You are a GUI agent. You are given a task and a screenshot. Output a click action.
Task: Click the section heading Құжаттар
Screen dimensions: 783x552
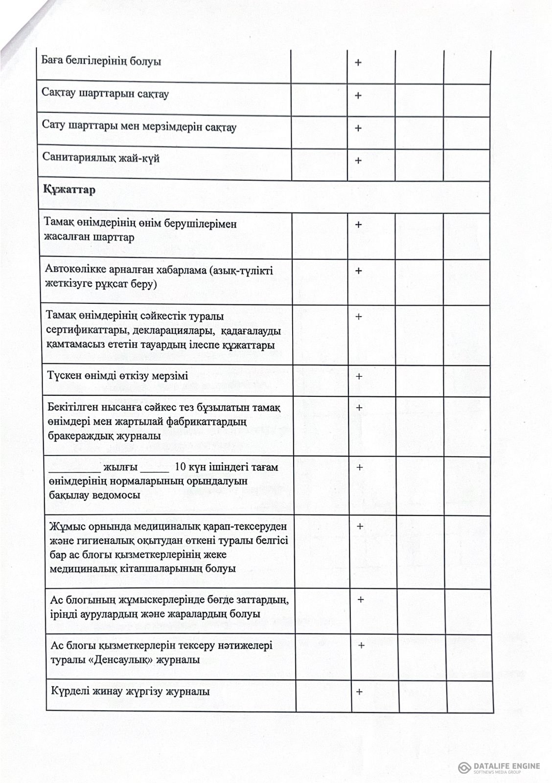tap(69, 190)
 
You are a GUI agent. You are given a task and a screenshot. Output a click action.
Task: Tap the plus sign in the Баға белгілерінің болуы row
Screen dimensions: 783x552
tap(358, 63)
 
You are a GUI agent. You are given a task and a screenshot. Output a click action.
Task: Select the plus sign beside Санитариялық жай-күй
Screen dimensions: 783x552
tap(358, 161)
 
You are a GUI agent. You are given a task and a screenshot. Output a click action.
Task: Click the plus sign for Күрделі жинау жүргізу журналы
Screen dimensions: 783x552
tap(359, 692)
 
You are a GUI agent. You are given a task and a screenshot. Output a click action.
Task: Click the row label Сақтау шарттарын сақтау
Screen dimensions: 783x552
tap(105, 93)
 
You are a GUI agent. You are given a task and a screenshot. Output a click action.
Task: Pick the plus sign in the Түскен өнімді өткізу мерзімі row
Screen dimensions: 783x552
tap(359, 376)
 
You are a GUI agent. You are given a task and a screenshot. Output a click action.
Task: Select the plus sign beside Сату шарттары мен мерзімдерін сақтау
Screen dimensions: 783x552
tap(358, 128)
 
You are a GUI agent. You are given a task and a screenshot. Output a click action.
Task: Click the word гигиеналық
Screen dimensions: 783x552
tap(107, 541)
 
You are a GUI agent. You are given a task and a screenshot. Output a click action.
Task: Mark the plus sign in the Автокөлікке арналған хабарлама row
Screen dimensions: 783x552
tap(358, 271)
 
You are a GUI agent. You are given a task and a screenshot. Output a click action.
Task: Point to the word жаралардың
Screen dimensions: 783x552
tap(211, 614)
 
